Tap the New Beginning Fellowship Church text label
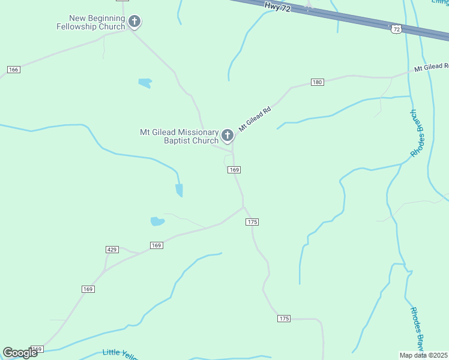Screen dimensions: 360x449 click(x=91, y=23)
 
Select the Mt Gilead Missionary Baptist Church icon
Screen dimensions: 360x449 click(x=227, y=136)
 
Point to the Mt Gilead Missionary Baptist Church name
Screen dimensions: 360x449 click(x=179, y=136)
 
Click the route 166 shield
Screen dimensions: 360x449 click(x=14, y=70)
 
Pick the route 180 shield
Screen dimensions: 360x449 click(x=318, y=82)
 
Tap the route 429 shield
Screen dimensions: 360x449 click(x=112, y=249)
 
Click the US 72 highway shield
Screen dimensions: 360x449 click(x=395, y=29)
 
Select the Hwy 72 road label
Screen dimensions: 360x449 click(x=277, y=7)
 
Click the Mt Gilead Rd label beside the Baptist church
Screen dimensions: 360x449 click(x=255, y=119)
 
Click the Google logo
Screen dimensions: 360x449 click(x=20, y=353)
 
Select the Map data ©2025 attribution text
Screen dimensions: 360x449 click(x=424, y=355)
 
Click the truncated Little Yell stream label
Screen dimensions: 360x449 click(x=120, y=354)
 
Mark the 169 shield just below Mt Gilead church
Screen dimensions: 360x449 click(x=234, y=170)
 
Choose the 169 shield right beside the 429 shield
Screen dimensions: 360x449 click(x=156, y=245)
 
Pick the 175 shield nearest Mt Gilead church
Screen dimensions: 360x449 click(x=252, y=222)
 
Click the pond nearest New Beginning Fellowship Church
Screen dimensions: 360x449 click(x=145, y=83)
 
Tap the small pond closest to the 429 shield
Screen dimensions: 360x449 click(x=157, y=221)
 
